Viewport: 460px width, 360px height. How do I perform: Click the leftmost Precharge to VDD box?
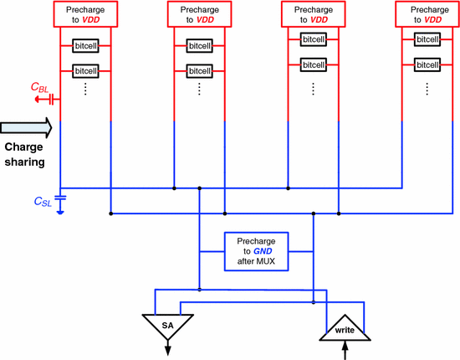tap(86, 13)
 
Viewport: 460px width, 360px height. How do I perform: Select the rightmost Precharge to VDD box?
tap(427, 13)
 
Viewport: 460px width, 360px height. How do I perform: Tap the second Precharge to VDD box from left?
tap(199, 13)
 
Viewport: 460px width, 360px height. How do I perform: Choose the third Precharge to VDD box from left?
tap(313, 13)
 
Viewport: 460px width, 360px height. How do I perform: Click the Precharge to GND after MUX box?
tap(256, 250)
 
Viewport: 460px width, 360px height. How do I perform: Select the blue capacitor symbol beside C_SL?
tap(61, 201)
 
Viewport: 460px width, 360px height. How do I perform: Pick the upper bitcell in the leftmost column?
tap(86, 46)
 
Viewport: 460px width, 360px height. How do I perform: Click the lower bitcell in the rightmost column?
tap(427, 64)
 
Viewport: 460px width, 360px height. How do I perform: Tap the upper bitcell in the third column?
tap(313, 39)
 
